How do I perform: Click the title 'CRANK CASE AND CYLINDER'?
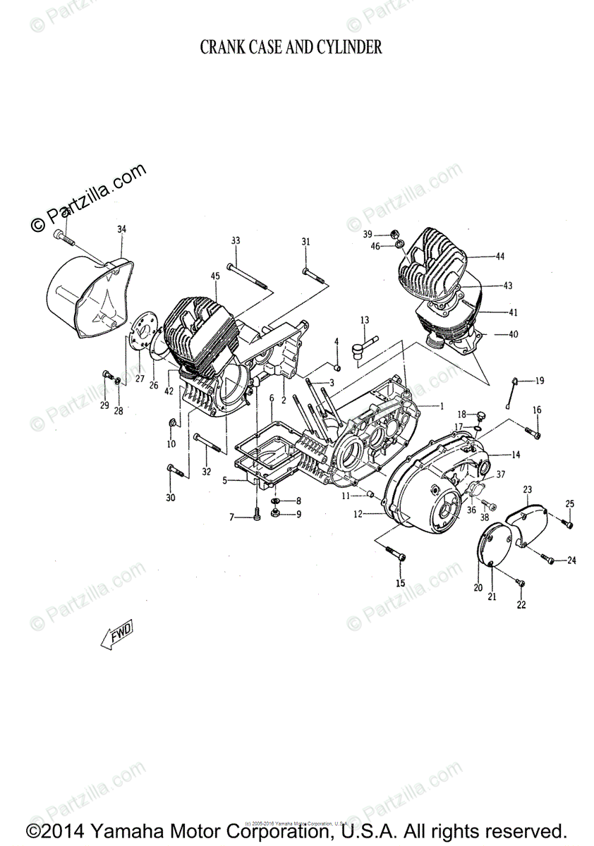coord(291,48)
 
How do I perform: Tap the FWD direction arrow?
coord(116,634)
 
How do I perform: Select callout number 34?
coord(121,229)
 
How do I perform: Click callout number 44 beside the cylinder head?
coord(499,257)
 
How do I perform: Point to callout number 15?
coord(400,583)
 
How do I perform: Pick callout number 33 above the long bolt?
coord(235,241)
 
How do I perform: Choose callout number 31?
coord(305,243)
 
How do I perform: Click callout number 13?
coord(364,321)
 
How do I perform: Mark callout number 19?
coord(540,381)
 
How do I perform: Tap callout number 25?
coord(570,503)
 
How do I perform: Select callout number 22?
coord(521,605)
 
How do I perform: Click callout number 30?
coord(169,498)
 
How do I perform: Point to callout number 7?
coord(231,518)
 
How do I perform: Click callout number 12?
coord(358,514)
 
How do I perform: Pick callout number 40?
coord(512,335)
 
